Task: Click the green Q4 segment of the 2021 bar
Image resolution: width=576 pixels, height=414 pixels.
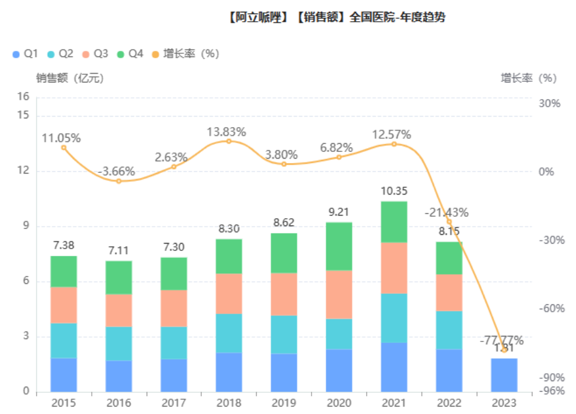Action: click(393, 221)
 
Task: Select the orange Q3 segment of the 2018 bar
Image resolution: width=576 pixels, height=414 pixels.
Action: click(229, 293)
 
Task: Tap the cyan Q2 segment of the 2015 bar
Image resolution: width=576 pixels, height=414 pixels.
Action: click(64, 340)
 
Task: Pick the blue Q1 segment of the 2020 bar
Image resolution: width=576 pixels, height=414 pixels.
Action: click(339, 371)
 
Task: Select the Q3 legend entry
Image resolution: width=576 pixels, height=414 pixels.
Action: click(95, 54)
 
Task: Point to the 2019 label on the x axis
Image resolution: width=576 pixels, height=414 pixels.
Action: click(284, 403)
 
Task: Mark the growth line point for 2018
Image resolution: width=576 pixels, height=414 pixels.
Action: click(229, 141)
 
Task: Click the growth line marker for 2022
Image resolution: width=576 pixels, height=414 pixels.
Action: click(448, 222)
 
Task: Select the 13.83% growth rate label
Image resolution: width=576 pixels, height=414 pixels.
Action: click(226, 131)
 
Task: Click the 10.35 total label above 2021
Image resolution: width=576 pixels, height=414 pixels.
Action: click(393, 191)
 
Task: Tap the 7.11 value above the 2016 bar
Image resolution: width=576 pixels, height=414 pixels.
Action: click(118, 250)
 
